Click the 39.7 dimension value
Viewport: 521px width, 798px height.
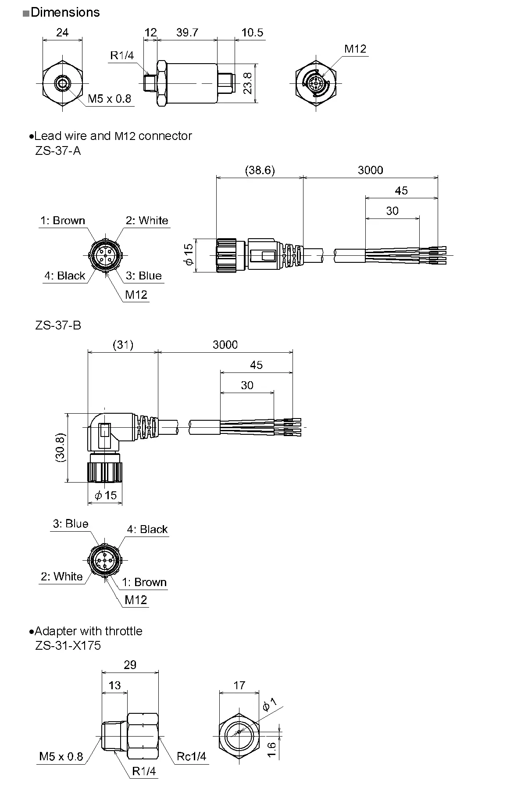187,32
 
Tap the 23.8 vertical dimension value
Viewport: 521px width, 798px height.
248,82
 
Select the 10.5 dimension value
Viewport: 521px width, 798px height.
252,32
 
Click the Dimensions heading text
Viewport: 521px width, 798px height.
65,12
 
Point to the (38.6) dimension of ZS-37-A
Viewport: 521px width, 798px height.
260,170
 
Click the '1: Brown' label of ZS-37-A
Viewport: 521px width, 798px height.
63,220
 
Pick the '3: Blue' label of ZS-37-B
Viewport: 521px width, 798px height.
71,524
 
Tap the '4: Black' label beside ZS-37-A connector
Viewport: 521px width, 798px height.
65,276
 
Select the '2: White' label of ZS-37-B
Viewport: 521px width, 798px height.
62,576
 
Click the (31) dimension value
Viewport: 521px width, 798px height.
123,345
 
